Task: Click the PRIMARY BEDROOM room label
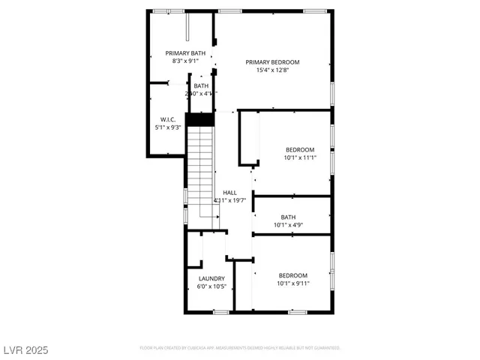273,62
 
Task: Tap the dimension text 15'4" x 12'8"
273,70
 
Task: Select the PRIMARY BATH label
185,53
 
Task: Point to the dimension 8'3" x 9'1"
185,61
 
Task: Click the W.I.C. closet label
168,119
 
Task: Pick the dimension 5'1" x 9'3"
168,127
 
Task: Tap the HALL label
230,193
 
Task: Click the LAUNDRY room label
211,279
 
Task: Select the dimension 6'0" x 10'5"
211,287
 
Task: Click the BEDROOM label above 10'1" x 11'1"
299,149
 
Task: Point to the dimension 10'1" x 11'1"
299,157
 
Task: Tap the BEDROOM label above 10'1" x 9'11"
292,275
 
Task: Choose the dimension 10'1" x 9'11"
292,283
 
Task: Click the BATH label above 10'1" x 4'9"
289,217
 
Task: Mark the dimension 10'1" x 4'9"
289,225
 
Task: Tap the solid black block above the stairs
199,119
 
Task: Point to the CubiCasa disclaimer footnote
240,348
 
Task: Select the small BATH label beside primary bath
201,85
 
